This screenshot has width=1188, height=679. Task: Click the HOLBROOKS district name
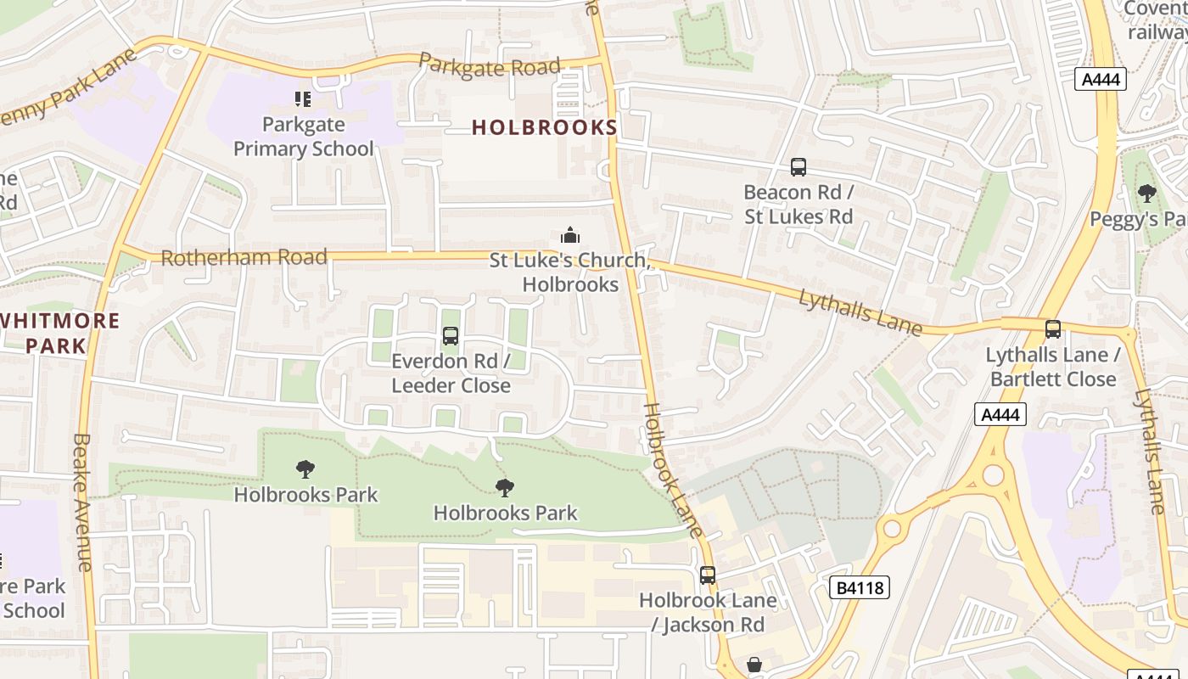[544, 127]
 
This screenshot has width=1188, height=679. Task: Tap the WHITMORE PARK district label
[59, 333]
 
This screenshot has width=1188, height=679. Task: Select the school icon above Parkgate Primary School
[303, 99]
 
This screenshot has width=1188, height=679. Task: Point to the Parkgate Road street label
[490, 66]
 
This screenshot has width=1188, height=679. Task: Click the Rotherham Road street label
[244, 257]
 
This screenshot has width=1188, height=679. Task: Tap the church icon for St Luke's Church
[570, 235]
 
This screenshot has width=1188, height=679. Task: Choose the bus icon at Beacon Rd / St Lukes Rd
[798, 167]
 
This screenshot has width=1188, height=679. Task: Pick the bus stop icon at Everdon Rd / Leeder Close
[451, 336]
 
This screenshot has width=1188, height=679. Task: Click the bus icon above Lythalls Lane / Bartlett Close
[1053, 329]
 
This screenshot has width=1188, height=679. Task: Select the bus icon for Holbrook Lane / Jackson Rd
[708, 575]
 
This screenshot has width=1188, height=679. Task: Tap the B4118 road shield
[859, 587]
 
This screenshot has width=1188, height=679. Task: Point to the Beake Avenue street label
[82, 502]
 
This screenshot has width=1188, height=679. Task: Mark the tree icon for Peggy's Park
[1147, 194]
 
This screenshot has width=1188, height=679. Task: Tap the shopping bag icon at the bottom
[754, 665]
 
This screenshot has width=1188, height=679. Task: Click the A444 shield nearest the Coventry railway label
[1101, 80]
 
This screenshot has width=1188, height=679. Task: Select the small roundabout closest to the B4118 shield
[892, 529]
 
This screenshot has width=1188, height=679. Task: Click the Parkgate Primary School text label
[303, 137]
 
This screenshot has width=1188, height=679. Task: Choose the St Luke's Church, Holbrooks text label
[570, 272]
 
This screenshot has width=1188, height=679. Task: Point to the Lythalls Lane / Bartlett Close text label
[1052, 367]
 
